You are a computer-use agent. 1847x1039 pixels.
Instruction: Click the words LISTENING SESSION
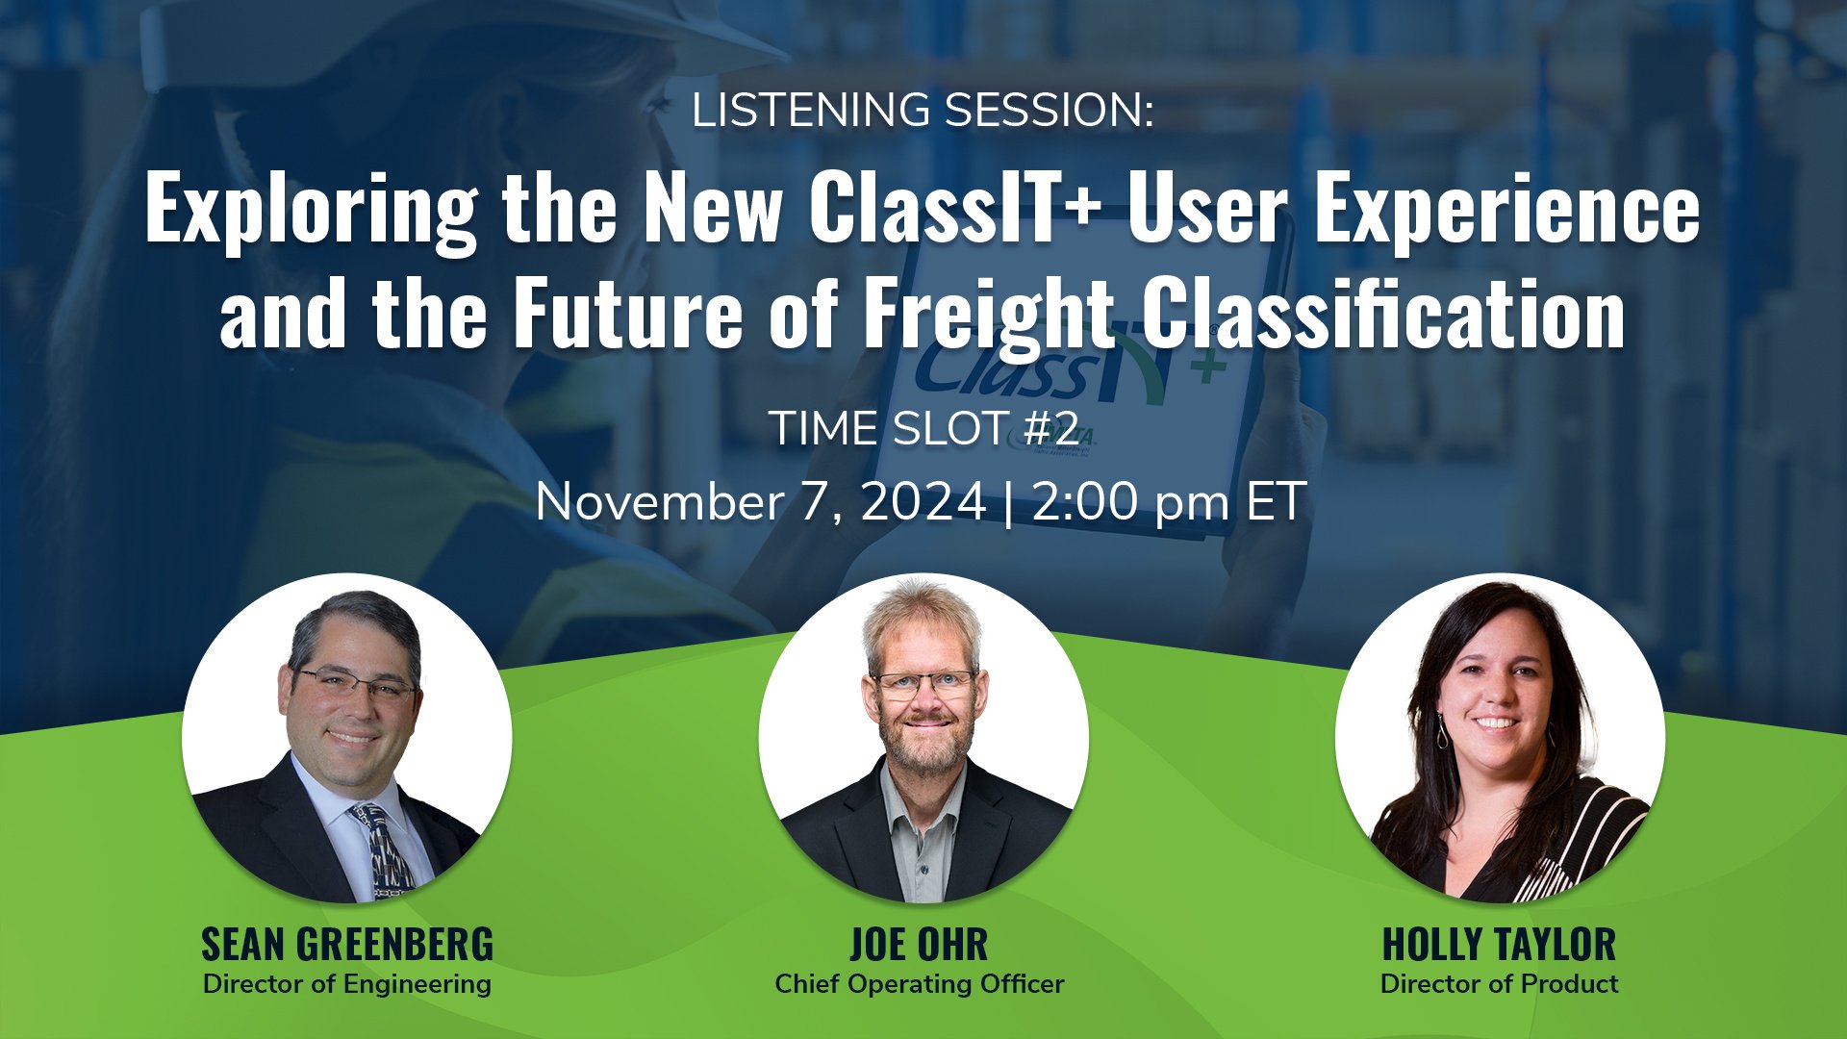point(922,111)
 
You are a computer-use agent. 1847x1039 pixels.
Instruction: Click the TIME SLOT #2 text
point(923,429)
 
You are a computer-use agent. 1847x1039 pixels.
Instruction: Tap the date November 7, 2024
point(761,503)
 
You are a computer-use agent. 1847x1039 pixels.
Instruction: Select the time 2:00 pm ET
point(1169,503)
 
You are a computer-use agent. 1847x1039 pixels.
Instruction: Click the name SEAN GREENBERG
point(347,945)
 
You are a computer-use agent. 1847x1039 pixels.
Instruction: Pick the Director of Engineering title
point(347,985)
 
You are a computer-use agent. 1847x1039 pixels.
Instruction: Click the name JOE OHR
point(919,945)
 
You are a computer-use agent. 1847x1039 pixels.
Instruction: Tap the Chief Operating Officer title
point(920,985)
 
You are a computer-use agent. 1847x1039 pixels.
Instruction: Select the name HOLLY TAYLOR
point(1499,945)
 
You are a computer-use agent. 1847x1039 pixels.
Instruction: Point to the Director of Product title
point(1499,984)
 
